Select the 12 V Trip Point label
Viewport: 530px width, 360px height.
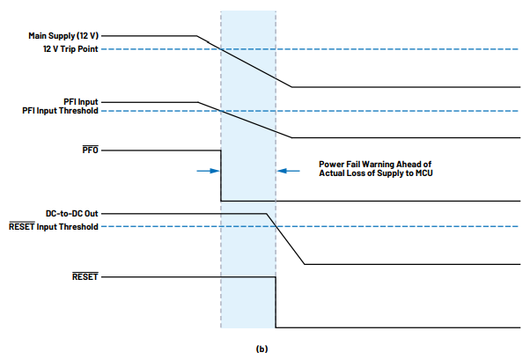click(x=71, y=50)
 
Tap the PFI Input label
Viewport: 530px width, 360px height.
click(x=81, y=102)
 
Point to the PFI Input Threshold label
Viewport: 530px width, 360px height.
click(x=61, y=111)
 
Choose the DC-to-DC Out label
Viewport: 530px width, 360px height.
click(x=72, y=214)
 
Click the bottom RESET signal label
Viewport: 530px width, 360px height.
click(x=85, y=277)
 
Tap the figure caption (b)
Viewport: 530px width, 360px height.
click(x=261, y=349)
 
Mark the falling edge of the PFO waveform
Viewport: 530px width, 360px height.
click(x=220, y=176)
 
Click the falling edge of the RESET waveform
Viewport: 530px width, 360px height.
click(x=276, y=302)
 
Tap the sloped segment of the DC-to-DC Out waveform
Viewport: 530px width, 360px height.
click(x=286, y=239)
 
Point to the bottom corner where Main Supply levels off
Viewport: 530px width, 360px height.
click(x=291, y=87)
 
